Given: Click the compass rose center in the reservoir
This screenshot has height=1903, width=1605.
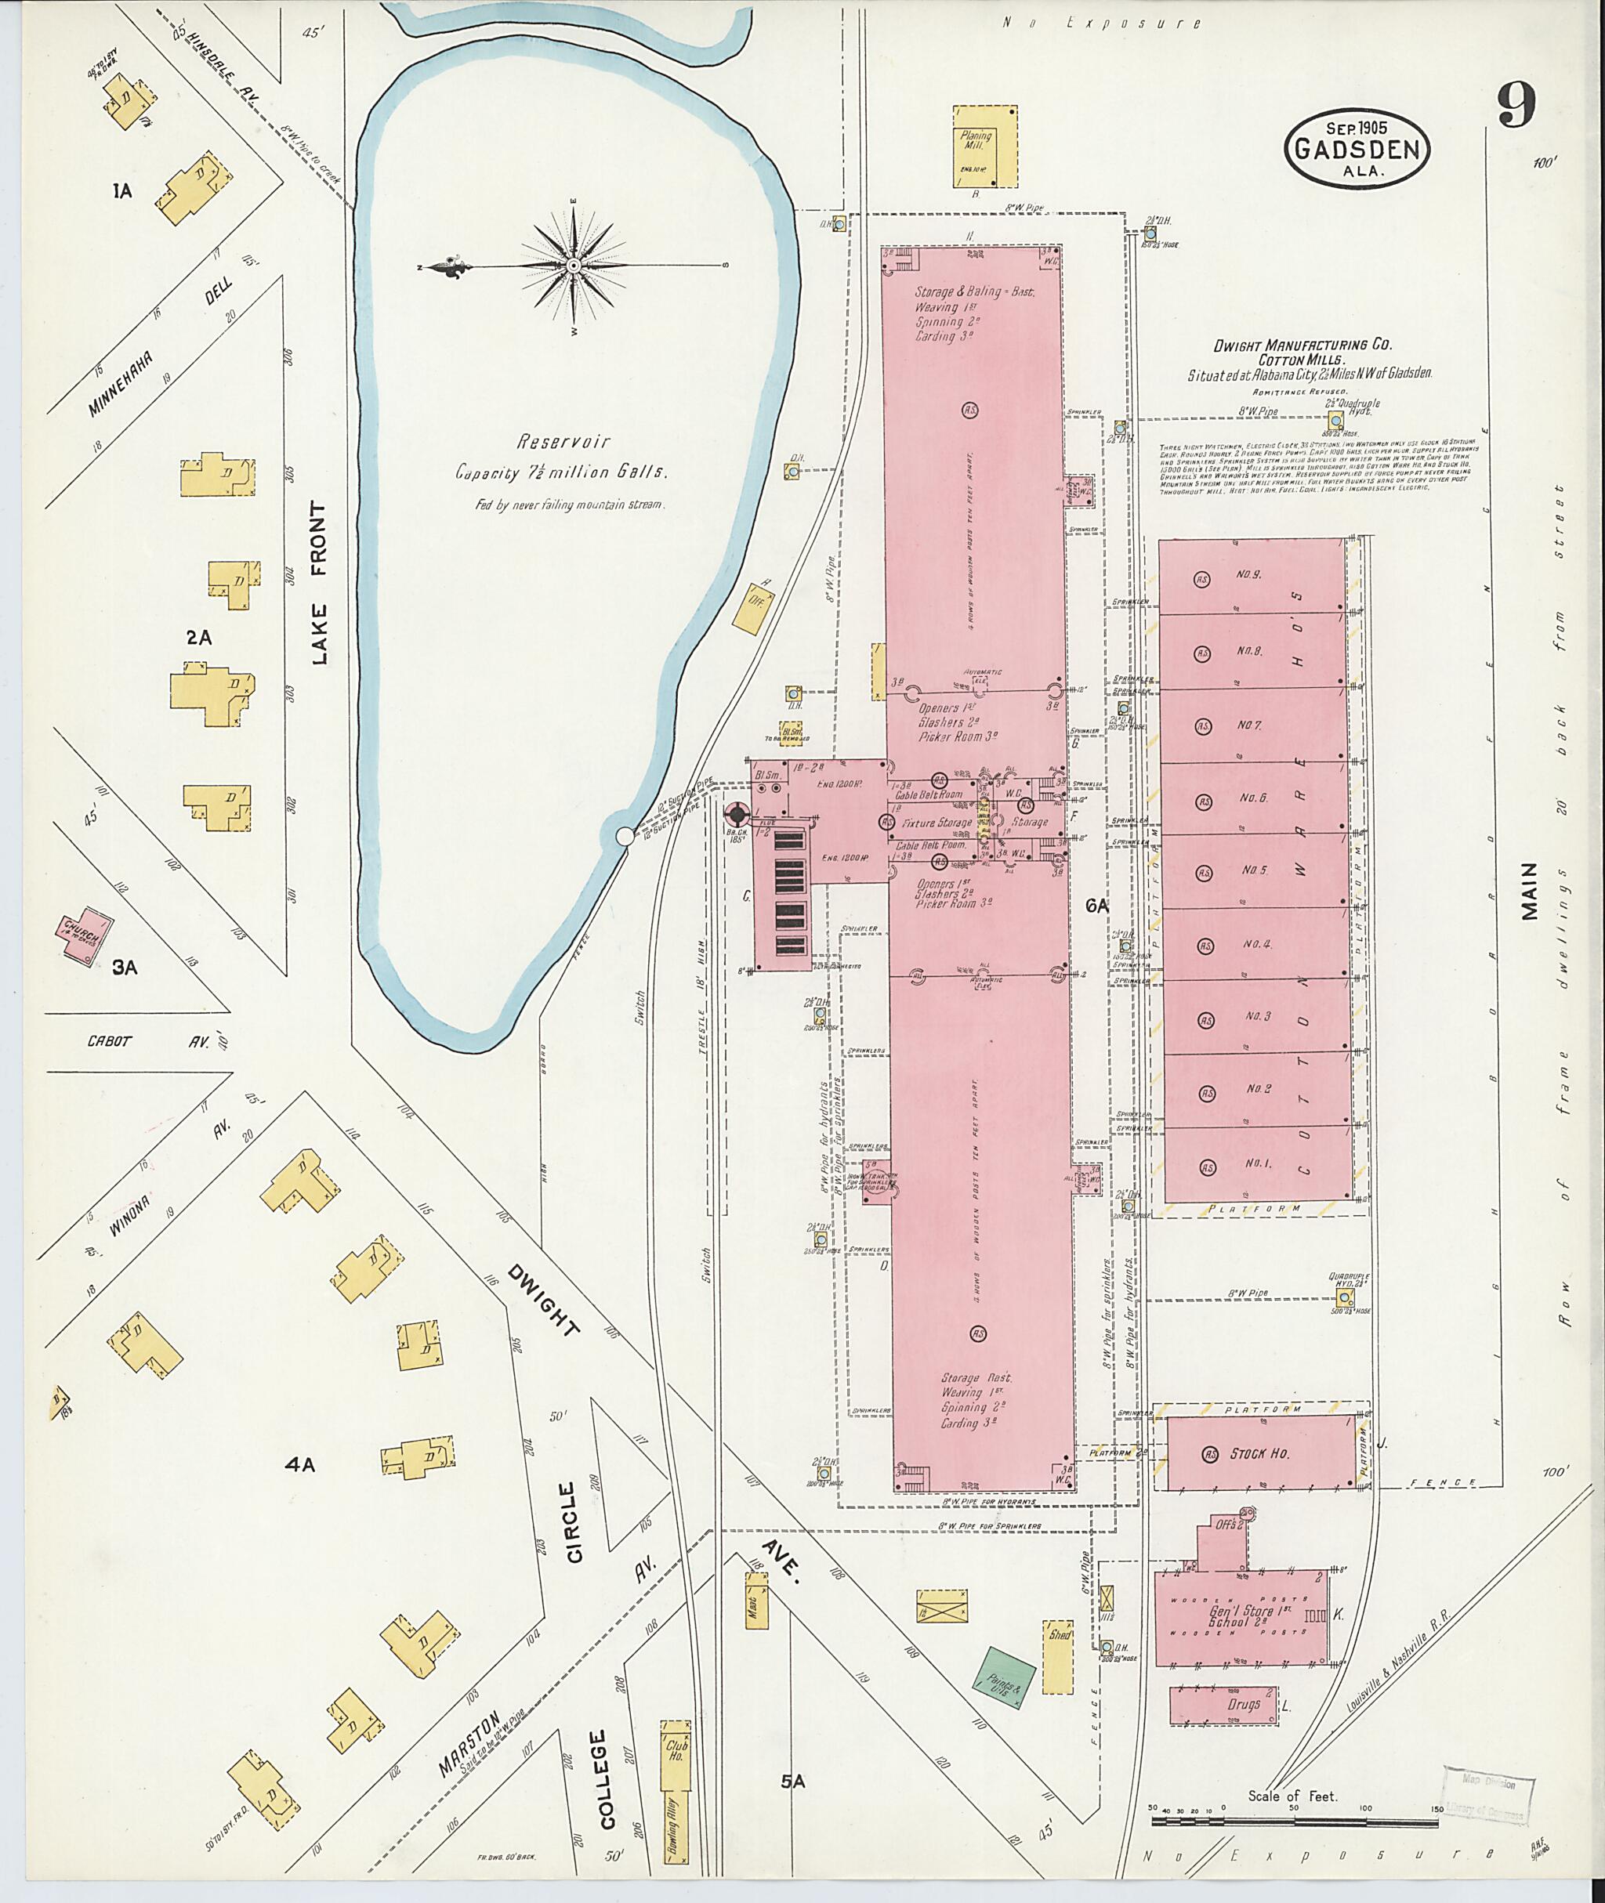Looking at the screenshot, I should click(x=573, y=266).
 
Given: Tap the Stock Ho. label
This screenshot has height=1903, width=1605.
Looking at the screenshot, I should click(x=1260, y=1453).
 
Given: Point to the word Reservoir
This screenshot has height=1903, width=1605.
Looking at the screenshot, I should click(x=563, y=442).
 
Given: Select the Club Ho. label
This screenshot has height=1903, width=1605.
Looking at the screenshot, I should click(x=676, y=1746).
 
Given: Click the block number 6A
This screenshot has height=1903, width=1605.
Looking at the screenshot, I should click(x=1097, y=905).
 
